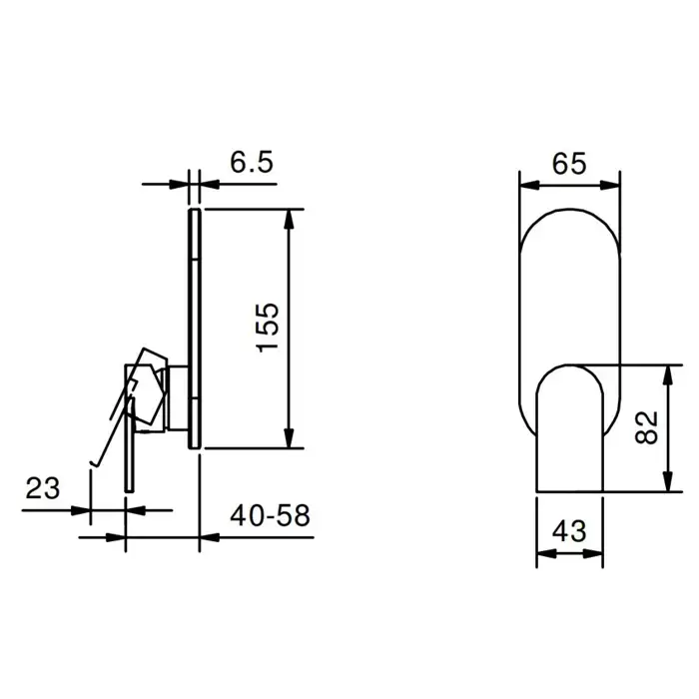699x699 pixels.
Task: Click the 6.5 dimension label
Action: coord(251,162)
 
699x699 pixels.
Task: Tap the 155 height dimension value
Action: coord(269,328)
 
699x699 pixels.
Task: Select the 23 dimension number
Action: coord(42,488)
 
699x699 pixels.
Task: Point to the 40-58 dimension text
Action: coord(270,516)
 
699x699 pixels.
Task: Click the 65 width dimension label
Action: coord(569,164)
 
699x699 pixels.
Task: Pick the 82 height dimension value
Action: coord(646,427)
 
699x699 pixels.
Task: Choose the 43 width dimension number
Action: coord(569,531)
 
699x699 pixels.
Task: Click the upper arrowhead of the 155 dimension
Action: coord(290,219)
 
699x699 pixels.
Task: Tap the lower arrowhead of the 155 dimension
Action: coord(290,437)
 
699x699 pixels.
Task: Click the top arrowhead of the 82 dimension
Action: coord(667,374)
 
